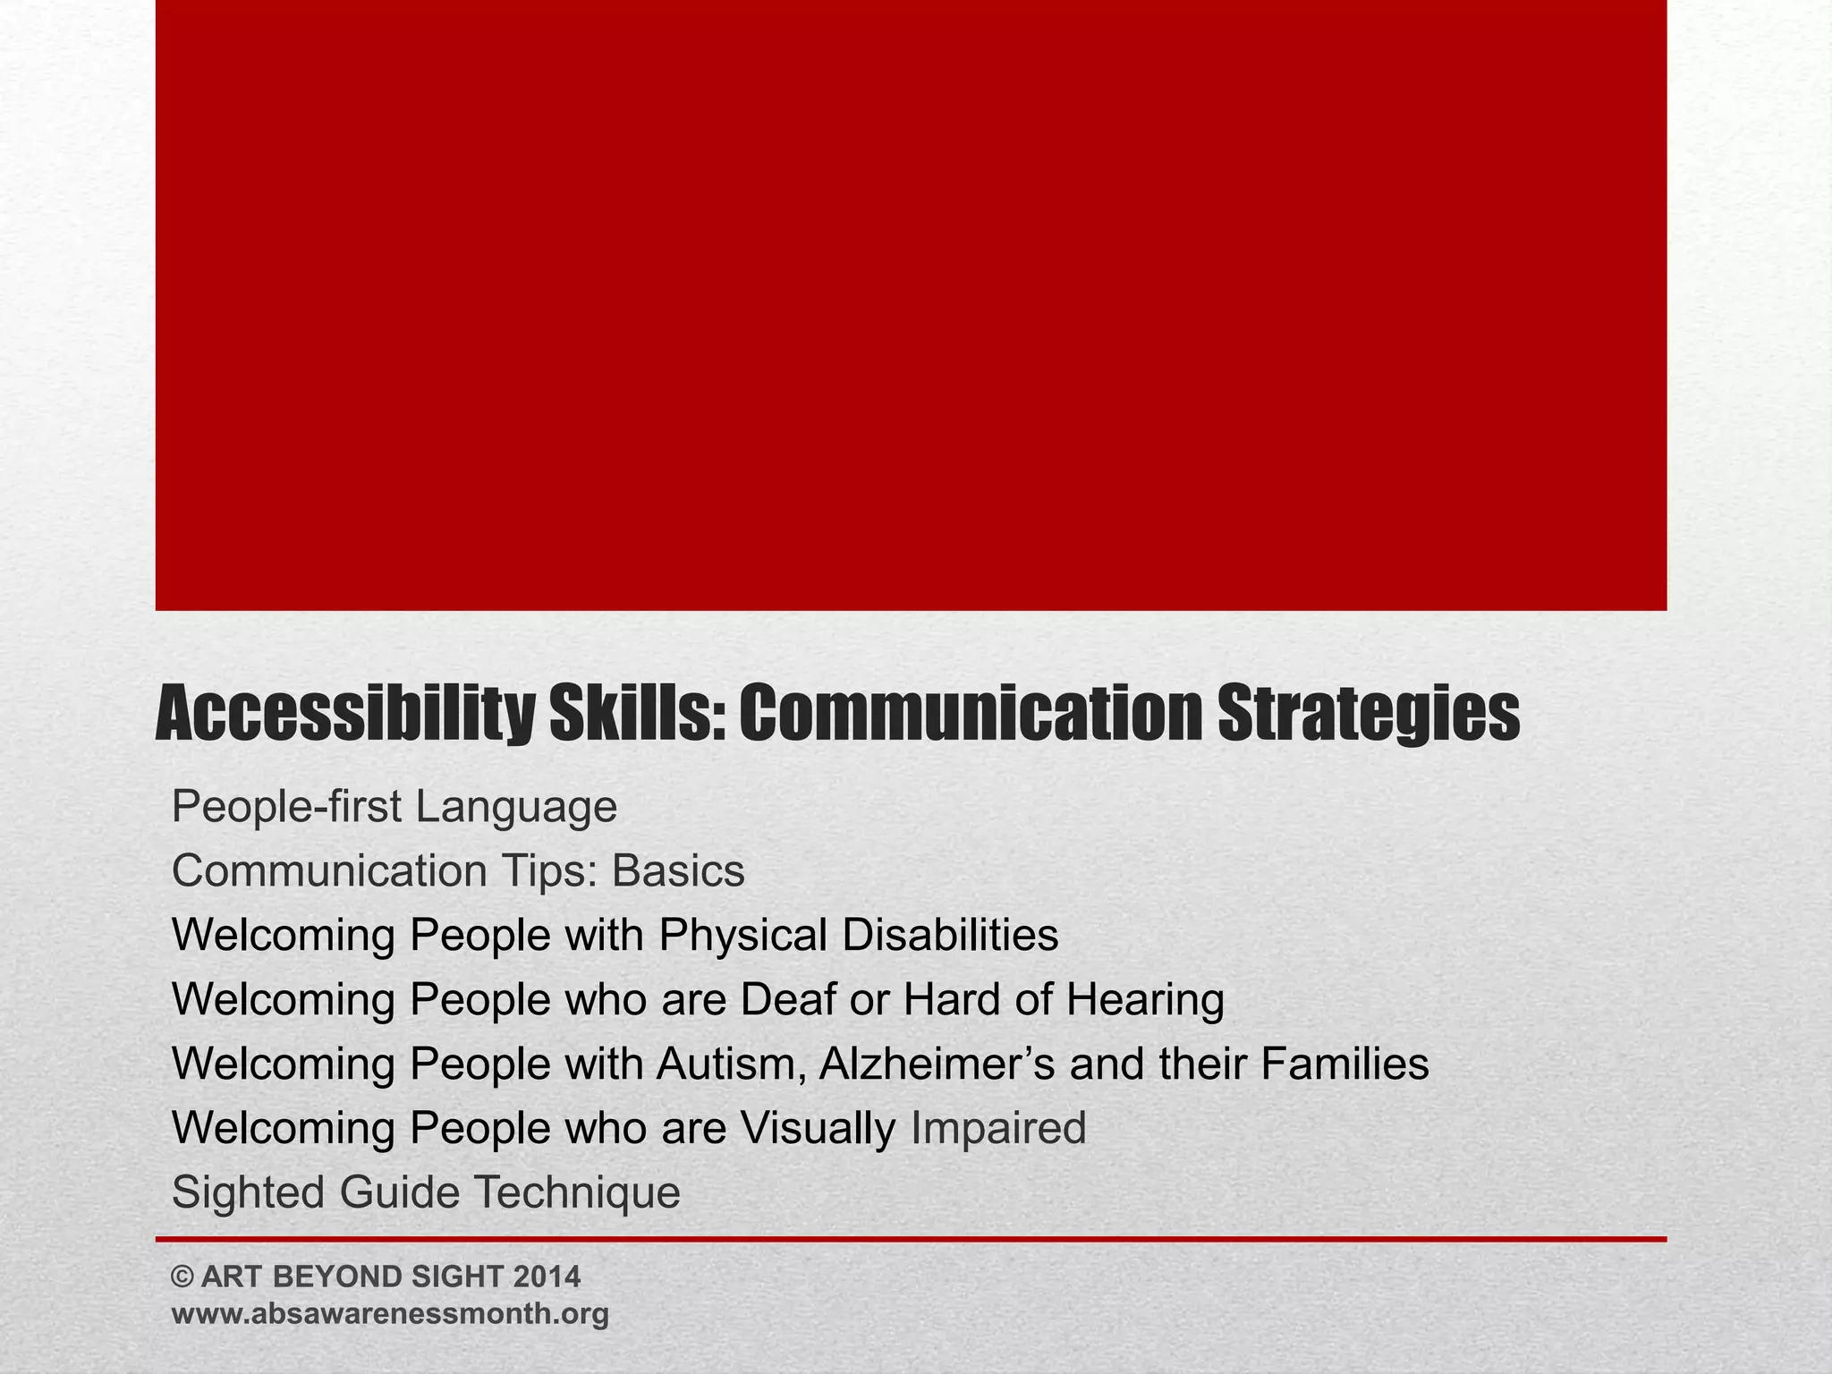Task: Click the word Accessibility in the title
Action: click(344, 717)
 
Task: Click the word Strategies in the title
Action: click(1368, 717)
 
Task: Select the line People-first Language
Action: click(394, 808)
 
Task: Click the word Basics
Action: click(678, 871)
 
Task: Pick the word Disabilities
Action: click(950, 936)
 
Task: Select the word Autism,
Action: click(731, 1064)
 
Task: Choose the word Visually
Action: click(817, 1129)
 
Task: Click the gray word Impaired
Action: click(998, 1129)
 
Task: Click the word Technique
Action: click(576, 1193)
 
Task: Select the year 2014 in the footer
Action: click(547, 1276)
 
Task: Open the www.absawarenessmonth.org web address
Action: click(390, 1314)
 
